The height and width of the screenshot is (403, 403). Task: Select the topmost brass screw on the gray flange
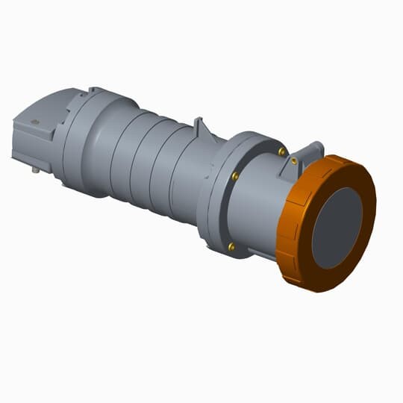pos(281,151)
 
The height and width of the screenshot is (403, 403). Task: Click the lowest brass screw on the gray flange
pos(231,246)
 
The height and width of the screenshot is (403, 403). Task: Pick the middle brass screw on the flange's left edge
pos(234,177)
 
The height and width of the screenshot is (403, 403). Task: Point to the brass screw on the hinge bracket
pos(295,160)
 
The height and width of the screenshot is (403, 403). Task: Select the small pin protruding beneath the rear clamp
pos(35,170)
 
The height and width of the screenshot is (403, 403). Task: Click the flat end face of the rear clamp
pos(22,138)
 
